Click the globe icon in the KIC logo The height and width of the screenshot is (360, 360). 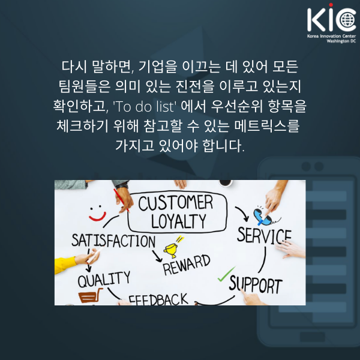point(347,20)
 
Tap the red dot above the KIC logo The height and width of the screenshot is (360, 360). point(331,5)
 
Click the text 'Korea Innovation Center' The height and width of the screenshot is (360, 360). point(332,36)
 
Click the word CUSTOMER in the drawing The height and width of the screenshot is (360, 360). point(176,203)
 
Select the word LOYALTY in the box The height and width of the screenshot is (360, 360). point(179,221)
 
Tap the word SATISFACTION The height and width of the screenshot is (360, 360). point(113,241)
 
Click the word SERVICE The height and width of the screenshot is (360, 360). point(264,236)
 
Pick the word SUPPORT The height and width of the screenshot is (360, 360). point(256,285)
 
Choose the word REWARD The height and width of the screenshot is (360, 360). point(187,265)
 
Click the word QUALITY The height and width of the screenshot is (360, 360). point(104,280)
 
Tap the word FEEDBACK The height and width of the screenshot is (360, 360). point(158,299)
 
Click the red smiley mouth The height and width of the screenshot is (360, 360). point(98,217)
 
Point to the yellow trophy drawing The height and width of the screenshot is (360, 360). point(171,250)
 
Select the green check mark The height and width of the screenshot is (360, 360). point(226,274)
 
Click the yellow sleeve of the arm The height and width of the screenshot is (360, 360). point(65,265)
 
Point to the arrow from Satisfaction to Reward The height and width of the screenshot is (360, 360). point(157,256)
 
